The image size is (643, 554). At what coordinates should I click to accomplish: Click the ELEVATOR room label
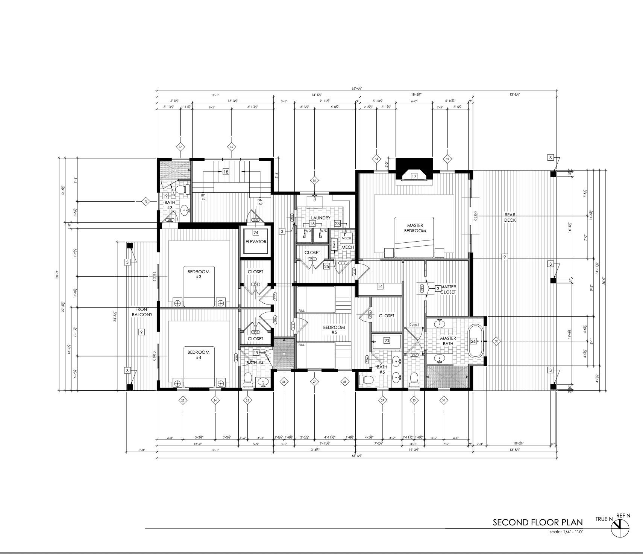click(x=256, y=242)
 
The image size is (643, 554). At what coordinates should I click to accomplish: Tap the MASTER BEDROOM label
click(x=415, y=228)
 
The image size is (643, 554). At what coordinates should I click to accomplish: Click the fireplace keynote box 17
click(x=414, y=176)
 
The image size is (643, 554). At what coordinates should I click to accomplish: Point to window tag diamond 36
click(x=232, y=147)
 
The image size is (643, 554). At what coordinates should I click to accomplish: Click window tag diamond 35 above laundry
click(x=314, y=181)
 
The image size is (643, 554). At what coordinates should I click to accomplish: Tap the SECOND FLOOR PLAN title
click(x=537, y=522)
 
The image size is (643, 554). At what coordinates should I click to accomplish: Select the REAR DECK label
click(x=510, y=218)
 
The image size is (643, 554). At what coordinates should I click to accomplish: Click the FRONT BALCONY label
click(x=142, y=312)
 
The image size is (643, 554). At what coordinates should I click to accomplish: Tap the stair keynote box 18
click(x=226, y=172)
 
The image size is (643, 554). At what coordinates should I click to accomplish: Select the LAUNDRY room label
click(x=321, y=218)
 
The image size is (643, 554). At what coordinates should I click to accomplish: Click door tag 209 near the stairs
click(x=256, y=220)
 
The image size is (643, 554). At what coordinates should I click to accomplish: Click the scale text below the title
click(x=566, y=532)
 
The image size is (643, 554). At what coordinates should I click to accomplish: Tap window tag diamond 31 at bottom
click(x=443, y=400)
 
